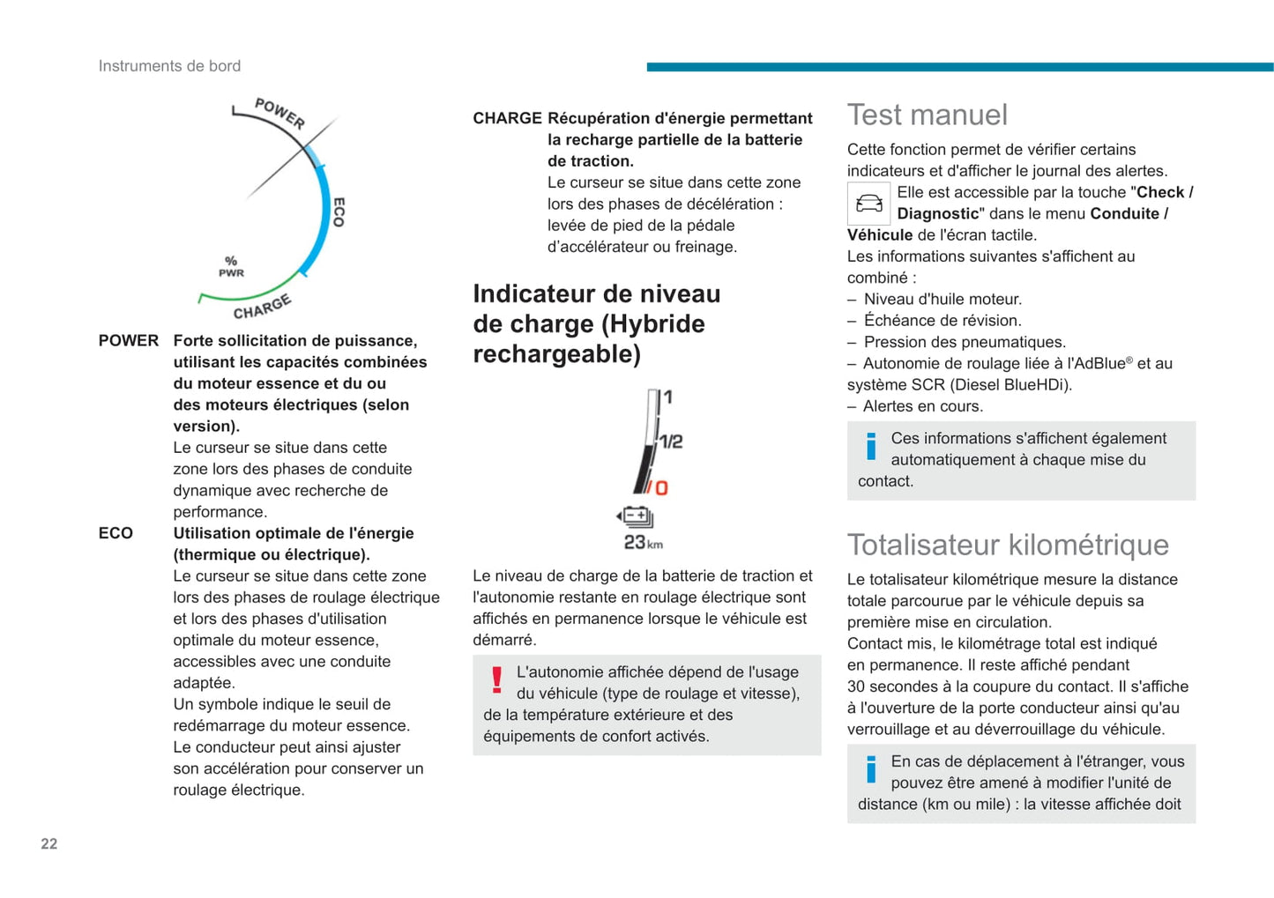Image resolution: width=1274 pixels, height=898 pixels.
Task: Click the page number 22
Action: coord(49,843)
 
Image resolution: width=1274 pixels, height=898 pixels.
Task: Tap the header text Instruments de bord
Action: coord(169,66)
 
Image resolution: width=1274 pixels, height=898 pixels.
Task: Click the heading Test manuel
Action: coord(927,115)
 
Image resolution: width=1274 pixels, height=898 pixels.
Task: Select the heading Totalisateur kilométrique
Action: coord(1008,545)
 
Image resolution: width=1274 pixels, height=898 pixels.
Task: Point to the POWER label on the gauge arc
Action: coord(279,113)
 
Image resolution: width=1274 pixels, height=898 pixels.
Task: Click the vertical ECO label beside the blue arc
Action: coord(339,212)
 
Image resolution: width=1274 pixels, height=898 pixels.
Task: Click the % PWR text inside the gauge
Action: coord(231,266)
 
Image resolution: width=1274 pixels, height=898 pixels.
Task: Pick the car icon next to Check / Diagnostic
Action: coord(868,204)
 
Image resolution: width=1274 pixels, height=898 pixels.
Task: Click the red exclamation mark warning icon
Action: coord(497,680)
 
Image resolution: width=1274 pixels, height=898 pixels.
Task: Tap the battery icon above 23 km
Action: coord(635,516)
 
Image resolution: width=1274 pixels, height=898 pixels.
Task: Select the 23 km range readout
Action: coord(643,543)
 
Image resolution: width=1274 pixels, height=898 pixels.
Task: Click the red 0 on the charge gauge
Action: coord(660,487)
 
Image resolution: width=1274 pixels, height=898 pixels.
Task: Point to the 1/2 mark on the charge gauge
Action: coord(672,441)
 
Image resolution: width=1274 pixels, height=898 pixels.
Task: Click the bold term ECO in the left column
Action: coord(115,533)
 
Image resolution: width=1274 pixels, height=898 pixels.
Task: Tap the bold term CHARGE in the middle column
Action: coord(507,118)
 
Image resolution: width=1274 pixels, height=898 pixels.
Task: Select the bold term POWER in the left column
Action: coord(129,340)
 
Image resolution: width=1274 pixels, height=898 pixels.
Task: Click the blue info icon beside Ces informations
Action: coord(871,447)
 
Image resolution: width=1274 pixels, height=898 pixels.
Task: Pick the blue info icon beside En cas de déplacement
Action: coord(871,770)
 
